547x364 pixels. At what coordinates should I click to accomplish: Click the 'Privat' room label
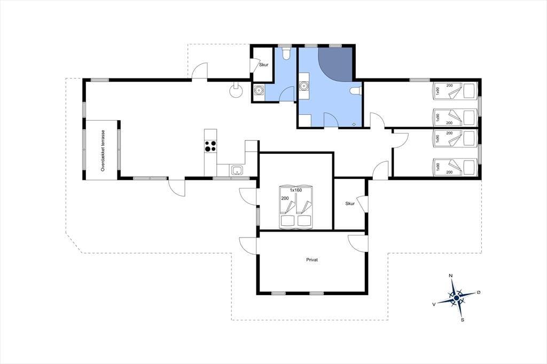(x=312, y=260)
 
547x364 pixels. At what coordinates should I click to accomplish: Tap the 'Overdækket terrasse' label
(x=103, y=151)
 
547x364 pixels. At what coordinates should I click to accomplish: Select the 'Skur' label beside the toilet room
(x=264, y=65)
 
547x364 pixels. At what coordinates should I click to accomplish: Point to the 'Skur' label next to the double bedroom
(x=350, y=204)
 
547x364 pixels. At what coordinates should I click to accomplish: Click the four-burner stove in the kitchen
(x=210, y=146)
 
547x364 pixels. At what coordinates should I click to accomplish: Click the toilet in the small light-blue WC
(x=286, y=53)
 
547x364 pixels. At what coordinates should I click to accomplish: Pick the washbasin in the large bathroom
(x=304, y=86)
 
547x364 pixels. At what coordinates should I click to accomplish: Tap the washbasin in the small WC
(x=259, y=91)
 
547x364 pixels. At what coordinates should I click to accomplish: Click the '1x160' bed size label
(x=295, y=191)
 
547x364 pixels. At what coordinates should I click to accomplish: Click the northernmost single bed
(x=455, y=91)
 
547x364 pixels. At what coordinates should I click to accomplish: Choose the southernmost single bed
(x=455, y=167)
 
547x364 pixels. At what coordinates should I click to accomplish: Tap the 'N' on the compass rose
(x=451, y=276)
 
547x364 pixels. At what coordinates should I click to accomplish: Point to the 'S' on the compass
(x=463, y=320)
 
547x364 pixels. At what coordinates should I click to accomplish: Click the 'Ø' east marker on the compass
(x=478, y=292)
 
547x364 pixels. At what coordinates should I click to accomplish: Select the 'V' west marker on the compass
(x=434, y=304)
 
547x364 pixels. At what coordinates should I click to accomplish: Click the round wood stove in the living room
(x=236, y=91)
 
